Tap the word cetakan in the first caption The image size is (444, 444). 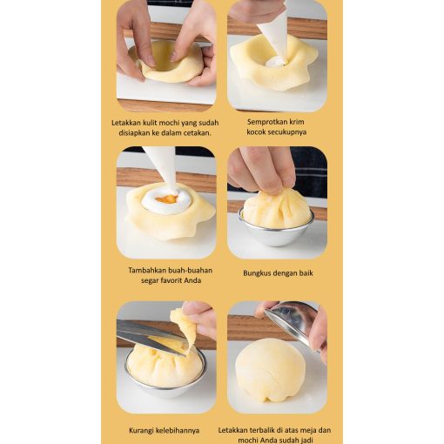(196, 133)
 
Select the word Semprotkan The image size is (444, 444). (266, 122)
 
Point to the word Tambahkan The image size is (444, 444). (145, 271)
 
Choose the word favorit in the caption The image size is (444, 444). (172, 280)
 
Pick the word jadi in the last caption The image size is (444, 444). (306, 441)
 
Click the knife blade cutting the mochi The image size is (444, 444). (151, 338)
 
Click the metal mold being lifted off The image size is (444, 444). (293, 322)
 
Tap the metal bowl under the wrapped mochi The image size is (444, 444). (276, 231)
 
